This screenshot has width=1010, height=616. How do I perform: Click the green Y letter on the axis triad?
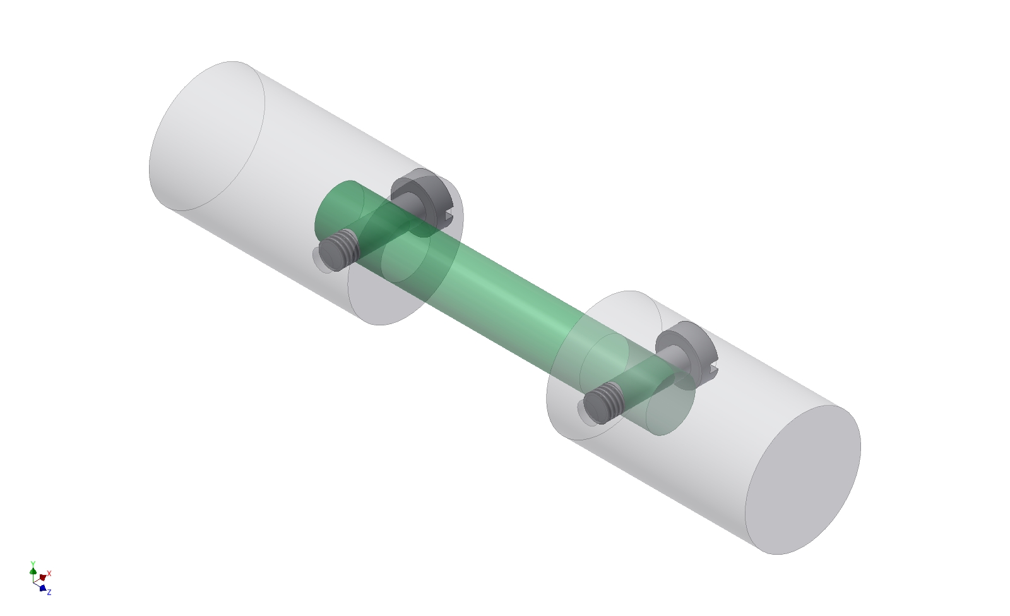[x=33, y=563]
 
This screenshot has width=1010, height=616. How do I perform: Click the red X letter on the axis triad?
[x=49, y=574]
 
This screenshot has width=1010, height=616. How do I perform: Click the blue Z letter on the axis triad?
[x=49, y=592]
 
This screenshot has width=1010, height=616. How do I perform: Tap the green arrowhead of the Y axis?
[x=33, y=571]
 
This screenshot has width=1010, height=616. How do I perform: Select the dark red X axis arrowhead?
[x=42, y=577]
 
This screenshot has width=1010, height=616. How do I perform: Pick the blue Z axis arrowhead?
[x=42, y=588]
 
